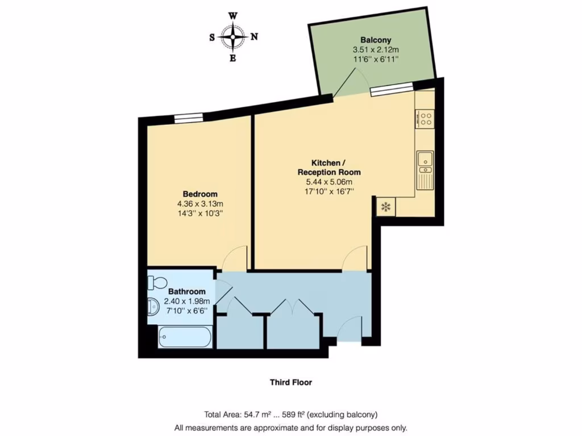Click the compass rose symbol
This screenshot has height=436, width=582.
[x=233, y=37]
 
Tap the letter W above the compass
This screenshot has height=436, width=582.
[x=233, y=16]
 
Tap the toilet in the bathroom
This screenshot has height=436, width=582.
[x=157, y=282]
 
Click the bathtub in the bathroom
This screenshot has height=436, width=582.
[x=185, y=337]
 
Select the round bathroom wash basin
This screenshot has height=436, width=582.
[x=153, y=307]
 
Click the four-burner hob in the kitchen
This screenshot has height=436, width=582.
[x=425, y=119]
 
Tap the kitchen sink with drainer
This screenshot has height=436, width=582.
[x=425, y=170]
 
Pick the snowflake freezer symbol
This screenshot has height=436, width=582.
[x=385, y=207]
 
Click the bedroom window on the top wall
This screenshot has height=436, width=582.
[x=188, y=118]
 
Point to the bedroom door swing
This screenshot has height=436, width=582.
[x=235, y=258]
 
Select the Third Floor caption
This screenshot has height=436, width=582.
[x=290, y=383]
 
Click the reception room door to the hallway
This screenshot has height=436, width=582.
[x=356, y=260]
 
